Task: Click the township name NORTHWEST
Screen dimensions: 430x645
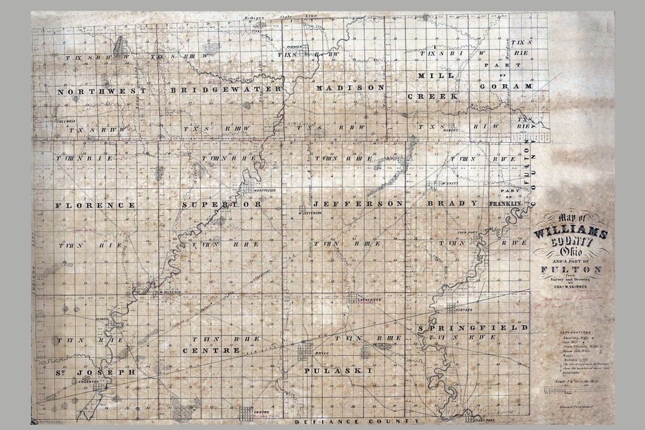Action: tap(101, 91)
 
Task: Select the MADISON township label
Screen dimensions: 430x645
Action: tap(350, 87)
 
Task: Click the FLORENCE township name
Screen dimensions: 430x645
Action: tap(95, 205)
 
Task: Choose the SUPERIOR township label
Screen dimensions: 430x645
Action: tap(222, 204)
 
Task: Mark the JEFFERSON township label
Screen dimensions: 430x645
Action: tap(358, 204)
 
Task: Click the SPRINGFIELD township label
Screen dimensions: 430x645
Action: tap(473, 328)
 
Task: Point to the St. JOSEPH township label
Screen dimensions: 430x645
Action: tap(96, 372)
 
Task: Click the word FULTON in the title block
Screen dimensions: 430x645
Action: tap(570, 269)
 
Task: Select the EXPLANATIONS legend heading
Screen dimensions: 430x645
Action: tap(575, 331)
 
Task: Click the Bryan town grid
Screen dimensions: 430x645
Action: tap(305, 350)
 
